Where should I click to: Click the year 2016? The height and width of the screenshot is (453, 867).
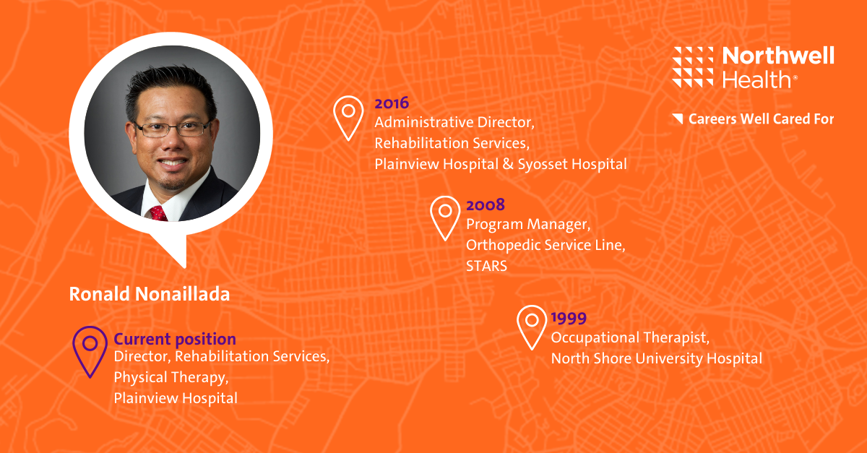click(392, 103)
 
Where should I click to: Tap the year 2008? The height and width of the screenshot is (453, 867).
click(486, 204)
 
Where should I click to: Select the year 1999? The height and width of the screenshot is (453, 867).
click(569, 318)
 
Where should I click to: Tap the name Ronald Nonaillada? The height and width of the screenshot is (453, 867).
click(150, 294)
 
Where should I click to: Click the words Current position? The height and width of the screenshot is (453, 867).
click(175, 339)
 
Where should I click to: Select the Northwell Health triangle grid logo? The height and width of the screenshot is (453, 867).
click(692, 67)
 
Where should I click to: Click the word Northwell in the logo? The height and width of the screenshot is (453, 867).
click(778, 56)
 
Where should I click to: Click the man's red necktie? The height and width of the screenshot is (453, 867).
click(159, 213)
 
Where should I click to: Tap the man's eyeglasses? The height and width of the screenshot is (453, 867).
click(173, 129)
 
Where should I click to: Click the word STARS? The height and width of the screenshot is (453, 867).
click(486, 267)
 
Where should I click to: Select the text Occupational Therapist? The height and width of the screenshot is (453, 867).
click(630, 338)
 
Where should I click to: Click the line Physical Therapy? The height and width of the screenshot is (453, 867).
click(171, 378)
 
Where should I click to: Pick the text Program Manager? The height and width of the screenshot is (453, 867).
click(528, 225)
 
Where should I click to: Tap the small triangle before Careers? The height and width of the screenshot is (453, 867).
click(678, 118)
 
